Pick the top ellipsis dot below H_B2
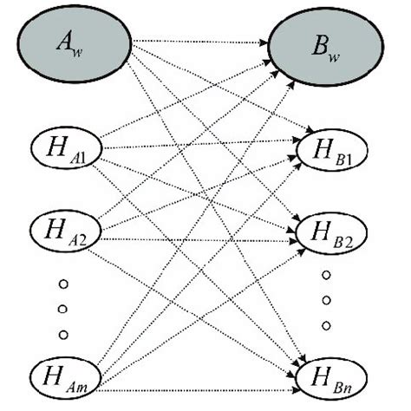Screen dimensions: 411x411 [327, 275]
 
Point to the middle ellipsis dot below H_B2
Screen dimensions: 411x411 [327, 300]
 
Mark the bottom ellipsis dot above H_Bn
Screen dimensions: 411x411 [327, 325]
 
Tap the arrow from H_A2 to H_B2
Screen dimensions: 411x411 [199, 237]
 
